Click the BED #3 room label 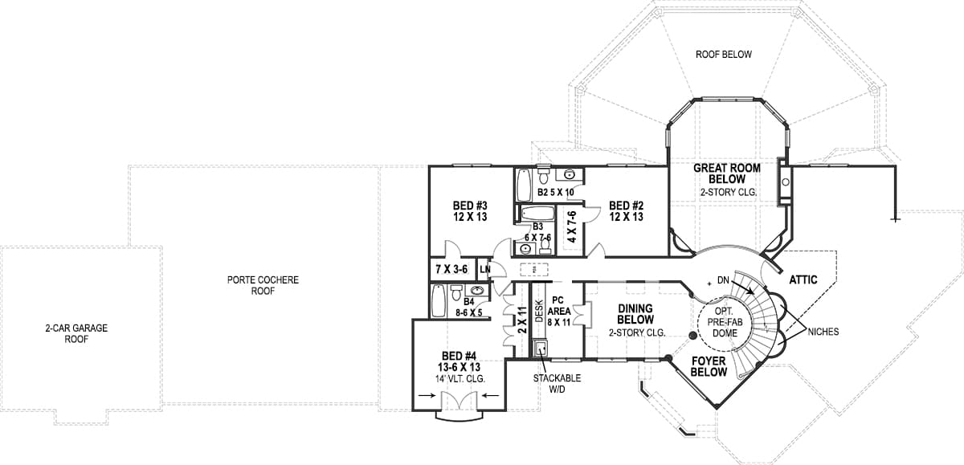tap(470, 210)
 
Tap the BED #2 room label tap(626, 210)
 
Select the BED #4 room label tap(460, 367)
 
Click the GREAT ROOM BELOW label tap(727, 179)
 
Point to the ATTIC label tap(803, 280)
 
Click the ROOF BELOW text tap(724, 54)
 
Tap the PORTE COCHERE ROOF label tap(263, 285)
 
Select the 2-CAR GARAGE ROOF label tap(76, 333)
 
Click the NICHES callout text tap(823, 332)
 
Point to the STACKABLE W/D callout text tap(557, 383)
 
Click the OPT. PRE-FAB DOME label tap(725, 322)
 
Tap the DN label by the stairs tap(723, 280)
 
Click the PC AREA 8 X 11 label tap(558, 311)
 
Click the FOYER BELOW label tap(709, 366)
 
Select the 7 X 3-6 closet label tap(451, 269)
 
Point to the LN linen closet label tap(485, 269)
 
